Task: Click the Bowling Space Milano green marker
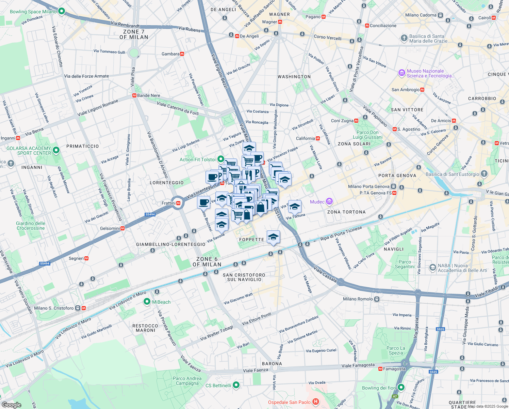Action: tap(62, 12)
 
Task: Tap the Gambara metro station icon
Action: tap(182, 54)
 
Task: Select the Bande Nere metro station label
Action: tap(148, 95)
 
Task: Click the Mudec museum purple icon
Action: tap(329, 202)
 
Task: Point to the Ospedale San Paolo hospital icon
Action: tap(316, 402)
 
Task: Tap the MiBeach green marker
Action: tap(147, 302)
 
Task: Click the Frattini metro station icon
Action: tap(178, 203)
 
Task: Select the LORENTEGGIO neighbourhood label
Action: tap(167, 183)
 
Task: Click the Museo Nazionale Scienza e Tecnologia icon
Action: tap(402, 73)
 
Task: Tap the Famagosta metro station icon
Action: tap(380, 369)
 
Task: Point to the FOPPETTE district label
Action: tap(251, 240)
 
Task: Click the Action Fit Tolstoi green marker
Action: tap(221, 159)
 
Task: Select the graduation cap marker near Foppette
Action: tap(273, 237)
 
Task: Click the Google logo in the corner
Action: tap(11, 405)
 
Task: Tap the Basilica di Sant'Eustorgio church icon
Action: tap(484, 174)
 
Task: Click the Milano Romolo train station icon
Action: tap(377, 299)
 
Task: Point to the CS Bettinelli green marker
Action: tap(236, 385)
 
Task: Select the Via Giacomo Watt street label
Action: tap(238, 299)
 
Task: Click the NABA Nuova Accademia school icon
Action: tap(432, 268)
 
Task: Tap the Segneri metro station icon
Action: tap(86, 258)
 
